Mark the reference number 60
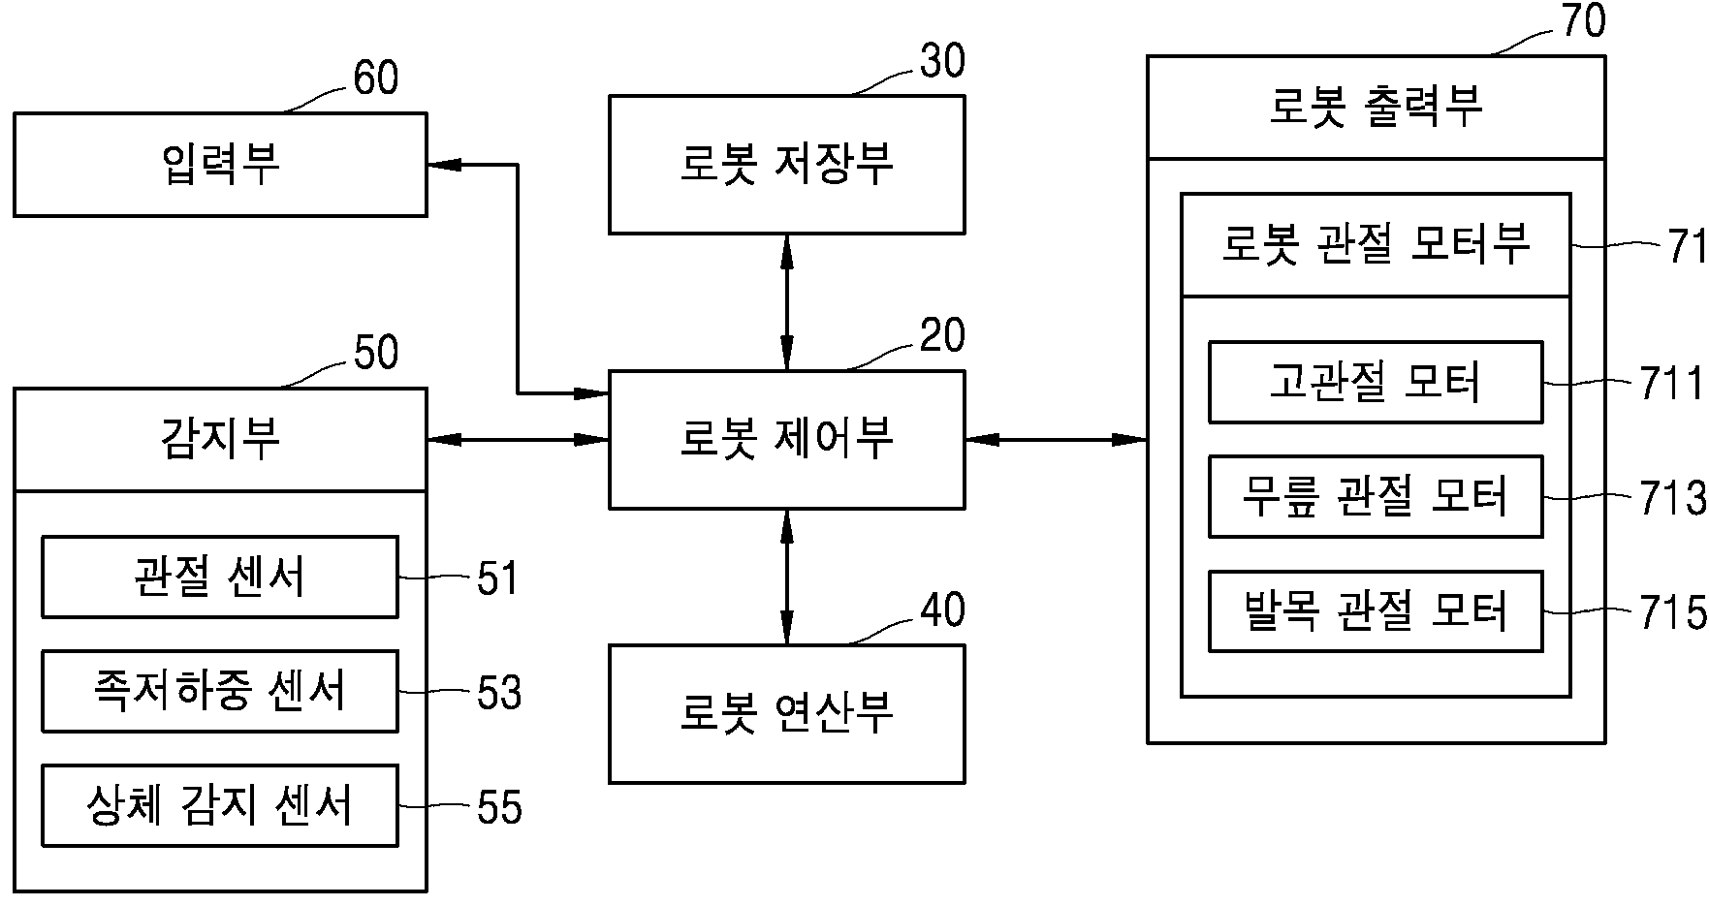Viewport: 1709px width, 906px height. (375, 78)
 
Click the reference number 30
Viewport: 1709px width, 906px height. (942, 61)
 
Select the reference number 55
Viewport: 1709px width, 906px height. (499, 807)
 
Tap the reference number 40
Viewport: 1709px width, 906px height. (942, 610)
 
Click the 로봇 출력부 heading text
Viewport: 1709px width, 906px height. (1376, 106)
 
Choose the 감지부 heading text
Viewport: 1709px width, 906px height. (220, 438)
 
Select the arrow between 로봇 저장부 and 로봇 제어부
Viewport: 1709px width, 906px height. (786, 302)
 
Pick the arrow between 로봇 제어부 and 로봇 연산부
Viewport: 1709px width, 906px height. (786, 577)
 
